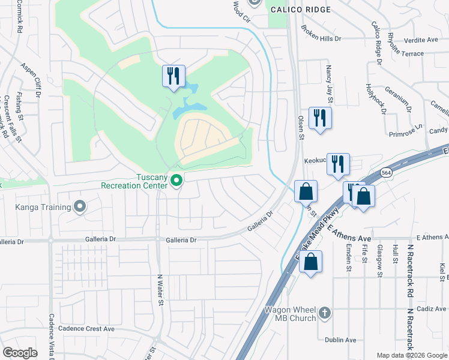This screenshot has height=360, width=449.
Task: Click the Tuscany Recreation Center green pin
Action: point(176,180)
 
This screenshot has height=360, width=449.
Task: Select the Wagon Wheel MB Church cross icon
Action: point(325,312)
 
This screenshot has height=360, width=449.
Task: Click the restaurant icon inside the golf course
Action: point(173,76)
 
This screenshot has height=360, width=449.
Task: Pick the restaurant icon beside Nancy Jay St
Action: point(320,118)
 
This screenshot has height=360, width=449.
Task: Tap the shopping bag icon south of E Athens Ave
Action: point(310,262)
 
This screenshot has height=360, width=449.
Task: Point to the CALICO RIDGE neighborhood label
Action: point(300,10)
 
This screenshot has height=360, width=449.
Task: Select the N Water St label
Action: point(160,290)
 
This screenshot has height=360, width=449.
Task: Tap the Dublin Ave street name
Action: point(340,340)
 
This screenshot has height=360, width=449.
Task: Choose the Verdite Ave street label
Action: point(421,40)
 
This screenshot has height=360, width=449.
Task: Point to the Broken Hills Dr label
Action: point(321,34)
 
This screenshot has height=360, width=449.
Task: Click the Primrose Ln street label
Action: point(405,135)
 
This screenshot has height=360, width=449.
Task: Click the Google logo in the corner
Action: point(20,353)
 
